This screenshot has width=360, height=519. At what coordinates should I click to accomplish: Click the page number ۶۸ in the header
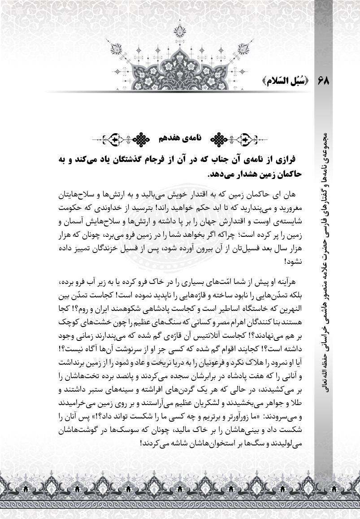click(x=324, y=82)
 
